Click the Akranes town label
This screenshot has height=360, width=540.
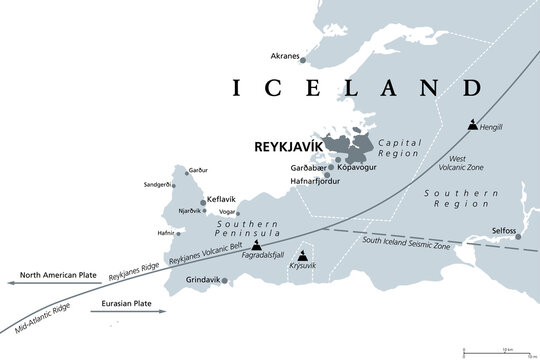point(285,57)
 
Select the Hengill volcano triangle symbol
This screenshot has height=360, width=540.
point(474,127)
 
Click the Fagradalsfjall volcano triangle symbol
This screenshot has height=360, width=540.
point(259,244)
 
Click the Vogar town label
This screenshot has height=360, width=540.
point(227,212)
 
